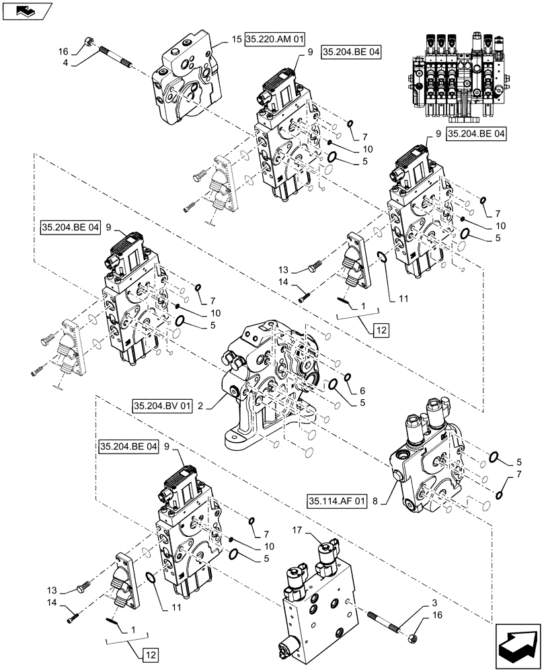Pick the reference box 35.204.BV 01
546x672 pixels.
pyautogui.click(x=163, y=405)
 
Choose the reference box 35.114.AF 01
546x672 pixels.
pyautogui.click(x=337, y=501)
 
